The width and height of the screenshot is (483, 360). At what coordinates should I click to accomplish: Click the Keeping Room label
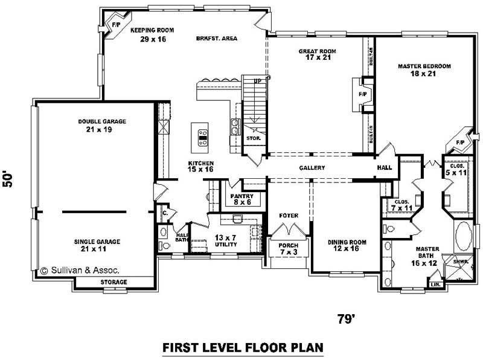[x=152, y=30]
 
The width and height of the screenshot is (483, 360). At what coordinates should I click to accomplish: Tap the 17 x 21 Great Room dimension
[x=318, y=57]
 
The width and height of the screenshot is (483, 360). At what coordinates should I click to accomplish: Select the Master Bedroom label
[x=424, y=66]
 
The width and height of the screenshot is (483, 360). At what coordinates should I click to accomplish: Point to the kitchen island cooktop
[x=203, y=138]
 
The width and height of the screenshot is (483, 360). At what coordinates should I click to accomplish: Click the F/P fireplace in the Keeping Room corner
[x=116, y=24]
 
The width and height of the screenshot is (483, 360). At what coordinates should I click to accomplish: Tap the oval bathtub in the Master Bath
[x=463, y=236]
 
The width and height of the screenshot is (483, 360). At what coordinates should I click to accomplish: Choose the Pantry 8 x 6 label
[x=242, y=199]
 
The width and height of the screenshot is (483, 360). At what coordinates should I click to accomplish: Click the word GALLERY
[x=312, y=168]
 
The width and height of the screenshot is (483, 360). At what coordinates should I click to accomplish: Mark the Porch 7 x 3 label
[x=289, y=249]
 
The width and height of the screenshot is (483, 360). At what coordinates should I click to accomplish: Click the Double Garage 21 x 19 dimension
[x=99, y=129]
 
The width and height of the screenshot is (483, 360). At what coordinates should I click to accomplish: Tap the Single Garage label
[x=97, y=242]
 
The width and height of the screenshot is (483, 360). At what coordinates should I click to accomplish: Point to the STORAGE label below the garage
[x=114, y=282]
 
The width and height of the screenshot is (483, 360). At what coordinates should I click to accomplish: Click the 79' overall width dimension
[x=346, y=320]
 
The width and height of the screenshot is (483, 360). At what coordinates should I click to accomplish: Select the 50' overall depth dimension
[x=8, y=179]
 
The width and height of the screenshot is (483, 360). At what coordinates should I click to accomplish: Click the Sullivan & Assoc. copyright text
[x=80, y=271]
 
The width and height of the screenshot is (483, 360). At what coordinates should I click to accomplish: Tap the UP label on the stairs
[x=258, y=81]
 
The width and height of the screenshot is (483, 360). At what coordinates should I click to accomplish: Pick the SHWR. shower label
[x=461, y=262]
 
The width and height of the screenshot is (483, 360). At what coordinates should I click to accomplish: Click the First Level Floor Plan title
[x=243, y=347]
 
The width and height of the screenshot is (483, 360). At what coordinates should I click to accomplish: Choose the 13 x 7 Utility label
[x=226, y=241]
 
